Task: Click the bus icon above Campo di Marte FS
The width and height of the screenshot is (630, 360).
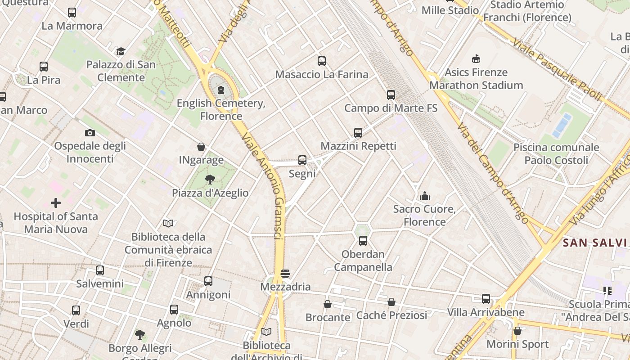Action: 391,95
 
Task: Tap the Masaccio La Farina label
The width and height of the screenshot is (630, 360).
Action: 321,74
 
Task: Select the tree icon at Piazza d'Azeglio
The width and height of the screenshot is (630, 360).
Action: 210,180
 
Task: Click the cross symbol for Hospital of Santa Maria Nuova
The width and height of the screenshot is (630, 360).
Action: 56,203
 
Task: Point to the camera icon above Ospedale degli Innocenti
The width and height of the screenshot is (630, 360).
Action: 90,133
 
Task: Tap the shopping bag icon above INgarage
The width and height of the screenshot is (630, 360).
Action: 201,147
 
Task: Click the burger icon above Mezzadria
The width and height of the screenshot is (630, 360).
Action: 285,274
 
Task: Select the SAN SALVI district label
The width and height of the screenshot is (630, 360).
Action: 594,243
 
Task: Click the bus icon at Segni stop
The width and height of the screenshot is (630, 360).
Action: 302,160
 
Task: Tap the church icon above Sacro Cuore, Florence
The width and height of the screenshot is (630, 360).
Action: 425,196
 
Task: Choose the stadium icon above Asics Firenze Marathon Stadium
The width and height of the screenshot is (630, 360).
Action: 476,58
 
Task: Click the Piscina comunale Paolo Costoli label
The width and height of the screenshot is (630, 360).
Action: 556,153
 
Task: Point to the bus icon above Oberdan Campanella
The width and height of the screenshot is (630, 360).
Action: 363,241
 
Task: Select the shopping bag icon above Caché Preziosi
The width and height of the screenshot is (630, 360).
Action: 391,302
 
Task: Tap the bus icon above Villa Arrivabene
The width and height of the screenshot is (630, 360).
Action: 486,299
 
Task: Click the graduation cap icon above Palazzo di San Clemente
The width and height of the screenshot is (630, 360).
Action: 121,51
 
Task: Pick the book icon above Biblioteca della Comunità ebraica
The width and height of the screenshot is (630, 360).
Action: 168,223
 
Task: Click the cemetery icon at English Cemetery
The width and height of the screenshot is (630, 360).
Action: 220,90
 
